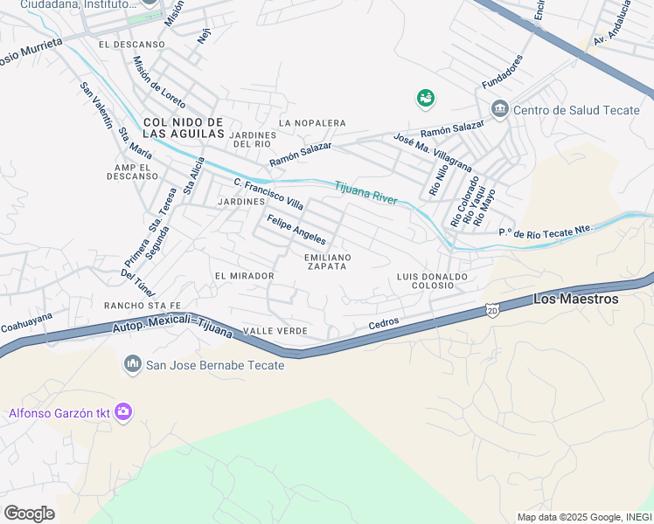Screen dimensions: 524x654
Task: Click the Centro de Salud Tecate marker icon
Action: click(x=500, y=109)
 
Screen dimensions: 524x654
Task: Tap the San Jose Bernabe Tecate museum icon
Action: click(x=133, y=363)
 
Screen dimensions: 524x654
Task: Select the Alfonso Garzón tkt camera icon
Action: click(x=123, y=411)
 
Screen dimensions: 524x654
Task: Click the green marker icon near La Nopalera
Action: click(x=426, y=98)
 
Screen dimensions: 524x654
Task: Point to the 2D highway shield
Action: click(x=492, y=311)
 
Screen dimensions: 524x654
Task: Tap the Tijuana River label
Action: click(x=365, y=192)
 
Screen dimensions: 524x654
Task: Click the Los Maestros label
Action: click(x=575, y=299)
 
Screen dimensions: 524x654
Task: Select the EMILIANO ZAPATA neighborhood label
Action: click(x=328, y=262)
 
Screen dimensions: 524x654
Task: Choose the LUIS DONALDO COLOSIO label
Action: click(x=432, y=280)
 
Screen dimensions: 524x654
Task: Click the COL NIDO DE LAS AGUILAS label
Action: click(x=184, y=128)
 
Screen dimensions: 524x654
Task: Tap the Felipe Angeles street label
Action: click(x=296, y=230)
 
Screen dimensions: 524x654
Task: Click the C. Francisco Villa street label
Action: click(x=268, y=193)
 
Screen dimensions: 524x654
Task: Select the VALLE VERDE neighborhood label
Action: click(x=275, y=331)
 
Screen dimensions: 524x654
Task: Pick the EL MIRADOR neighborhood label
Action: click(x=245, y=276)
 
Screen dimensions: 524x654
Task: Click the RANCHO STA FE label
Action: click(x=142, y=305)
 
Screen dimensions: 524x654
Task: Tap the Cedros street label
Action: click(x=384, y=323)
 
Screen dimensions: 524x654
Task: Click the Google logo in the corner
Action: click(x=29, y=513)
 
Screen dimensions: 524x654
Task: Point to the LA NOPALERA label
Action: click(x=312, y=123)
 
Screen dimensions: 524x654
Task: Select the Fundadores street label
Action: click(x=502, y=72)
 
